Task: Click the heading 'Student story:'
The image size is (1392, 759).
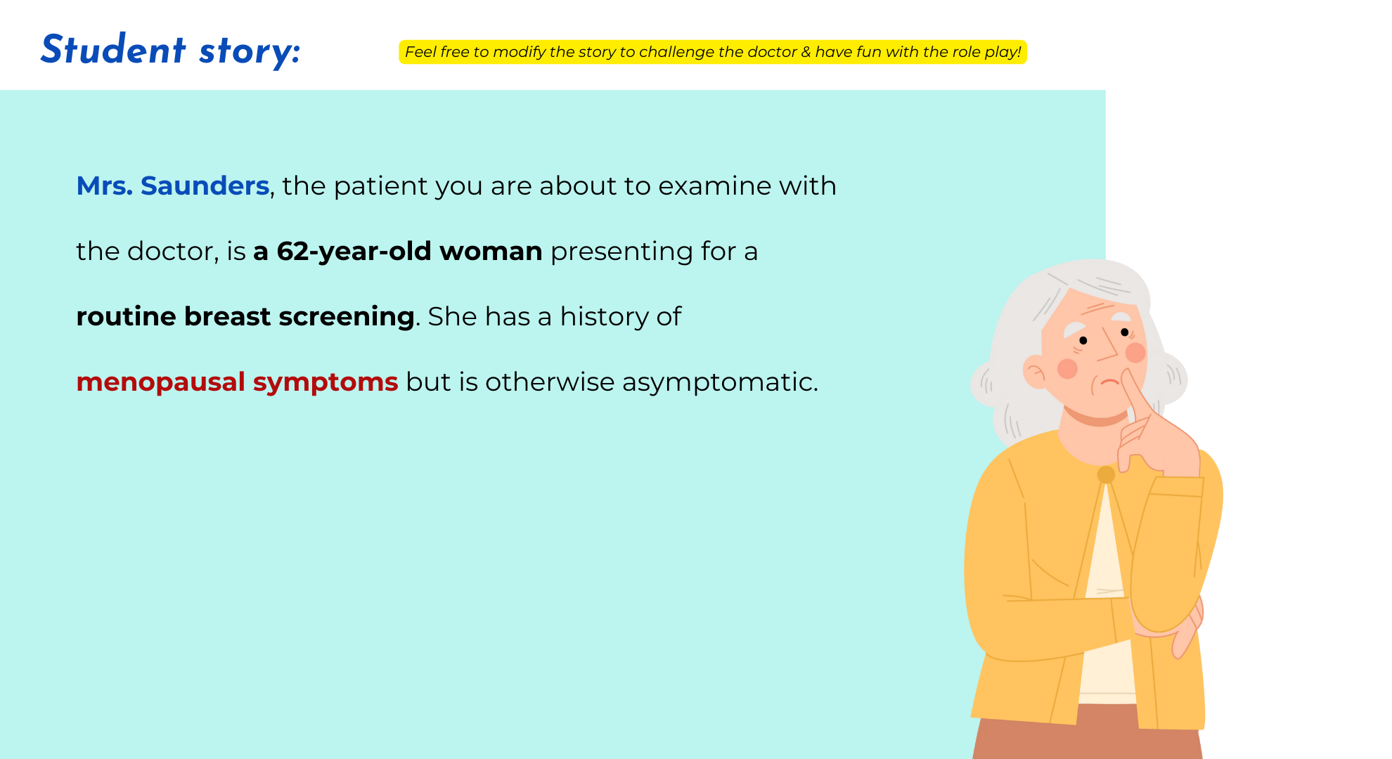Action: [170, 50]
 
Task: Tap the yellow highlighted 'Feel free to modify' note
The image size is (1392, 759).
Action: [713, 52]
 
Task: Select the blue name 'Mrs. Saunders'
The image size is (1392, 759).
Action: [173, 186]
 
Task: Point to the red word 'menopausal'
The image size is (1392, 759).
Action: [161, 382]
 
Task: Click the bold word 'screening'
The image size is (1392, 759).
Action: [347, 317]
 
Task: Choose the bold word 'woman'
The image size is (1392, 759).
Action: [491, 251]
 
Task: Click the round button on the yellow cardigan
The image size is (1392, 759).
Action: [1106, 474]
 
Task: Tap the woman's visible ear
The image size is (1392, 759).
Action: [1035, 372]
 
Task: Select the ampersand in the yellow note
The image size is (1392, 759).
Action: [806, 52]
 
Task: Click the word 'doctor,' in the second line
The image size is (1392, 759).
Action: [173, 252]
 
